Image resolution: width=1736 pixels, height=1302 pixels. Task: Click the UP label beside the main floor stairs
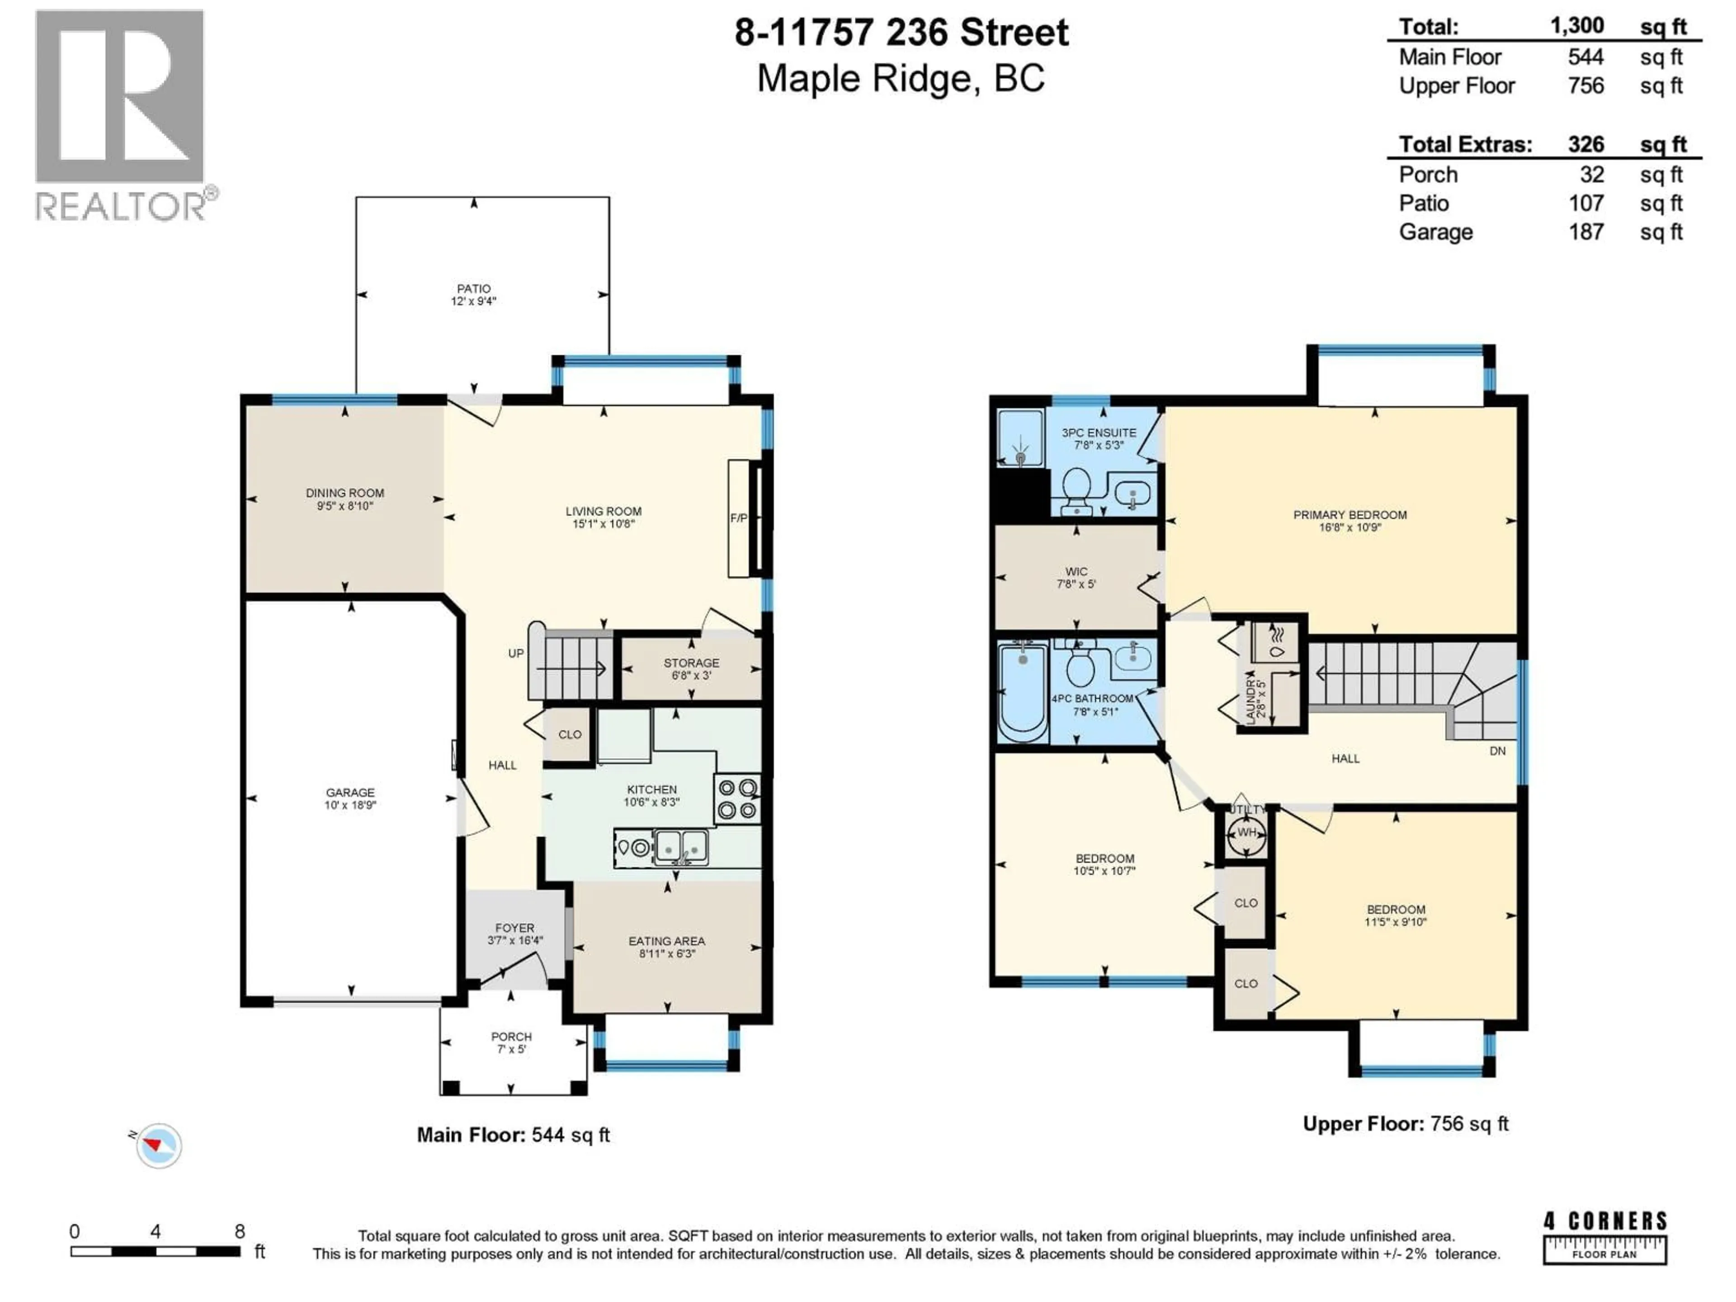coord(516,653)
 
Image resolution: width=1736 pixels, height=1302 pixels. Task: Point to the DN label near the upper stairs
coord(1497,751)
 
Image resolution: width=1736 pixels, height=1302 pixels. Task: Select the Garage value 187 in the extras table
coord(1585,232)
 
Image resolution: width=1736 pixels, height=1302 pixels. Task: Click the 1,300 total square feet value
coord(1577,26)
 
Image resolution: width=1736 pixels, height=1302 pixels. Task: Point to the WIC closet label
coord(1076,571)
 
